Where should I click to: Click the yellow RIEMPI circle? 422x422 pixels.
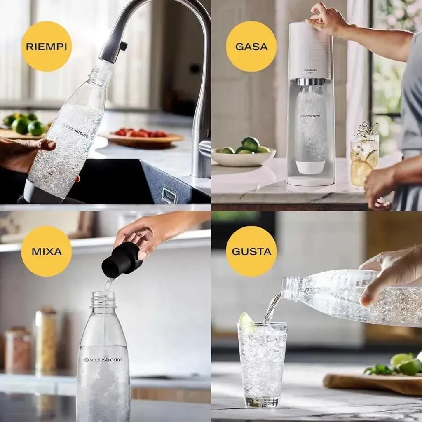tap(46, 46)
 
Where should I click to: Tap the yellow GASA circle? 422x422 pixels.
tap(251, 46)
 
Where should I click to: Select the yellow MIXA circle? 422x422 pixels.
tap(46, 251)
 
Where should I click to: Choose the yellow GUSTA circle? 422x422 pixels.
tap(251, 251)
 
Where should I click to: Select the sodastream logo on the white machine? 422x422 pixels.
tap(310, 70)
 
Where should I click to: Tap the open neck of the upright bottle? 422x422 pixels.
tap(103, 299)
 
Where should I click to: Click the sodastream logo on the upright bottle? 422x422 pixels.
tap(103, 360)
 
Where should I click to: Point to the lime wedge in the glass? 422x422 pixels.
tap(248, 321)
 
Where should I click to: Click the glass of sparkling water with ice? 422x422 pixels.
tap(262, 365)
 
